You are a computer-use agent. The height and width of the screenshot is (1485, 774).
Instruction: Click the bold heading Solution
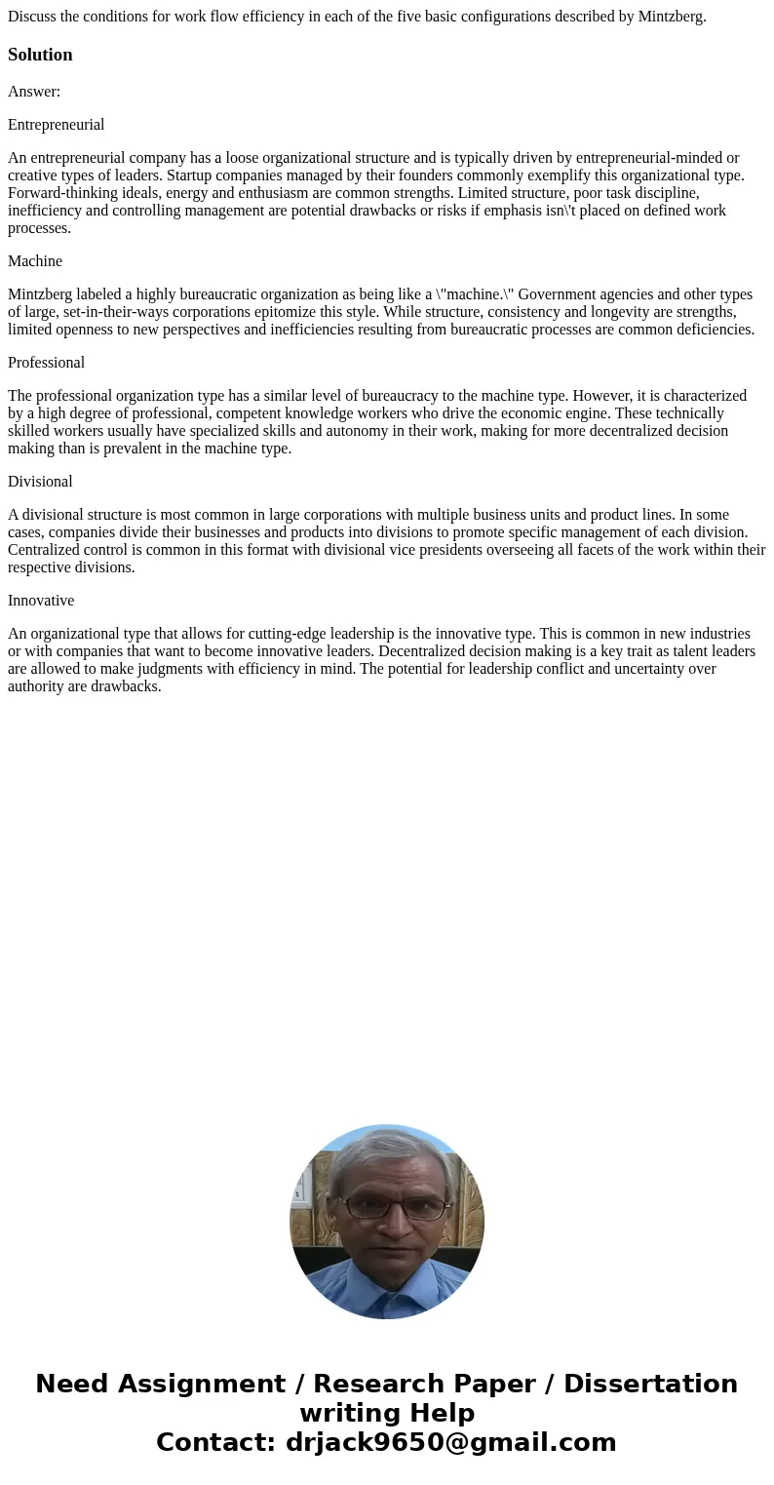point(40,55)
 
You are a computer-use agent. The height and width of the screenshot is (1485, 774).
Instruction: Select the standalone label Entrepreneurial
point(56,125)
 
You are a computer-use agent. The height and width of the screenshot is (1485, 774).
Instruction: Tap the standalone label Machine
point(35,261)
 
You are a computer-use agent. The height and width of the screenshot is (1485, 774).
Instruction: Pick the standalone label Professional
point(46,363)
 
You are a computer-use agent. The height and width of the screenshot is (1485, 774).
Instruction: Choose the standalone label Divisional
point(40,482)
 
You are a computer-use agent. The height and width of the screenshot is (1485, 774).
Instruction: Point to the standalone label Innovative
point(41,601)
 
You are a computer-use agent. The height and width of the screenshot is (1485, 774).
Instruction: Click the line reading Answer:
point(34,92)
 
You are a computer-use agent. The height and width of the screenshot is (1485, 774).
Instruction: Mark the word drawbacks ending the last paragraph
point(127,686)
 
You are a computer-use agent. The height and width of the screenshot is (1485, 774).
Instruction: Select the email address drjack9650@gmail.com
point(450,1442)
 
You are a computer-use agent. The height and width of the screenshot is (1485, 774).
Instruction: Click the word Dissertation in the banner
point(650,1384)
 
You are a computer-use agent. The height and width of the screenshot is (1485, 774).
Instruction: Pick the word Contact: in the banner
point(216,1442)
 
